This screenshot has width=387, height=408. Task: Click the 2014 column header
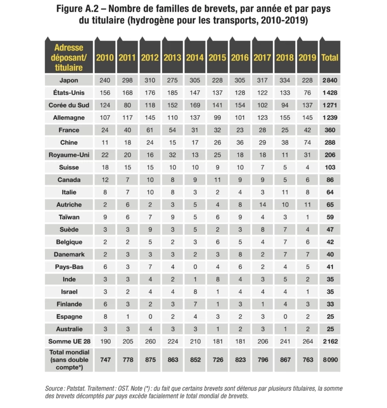point(194,58)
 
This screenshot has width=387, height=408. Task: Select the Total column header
point(329,58)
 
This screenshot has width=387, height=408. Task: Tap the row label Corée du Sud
point(68,105)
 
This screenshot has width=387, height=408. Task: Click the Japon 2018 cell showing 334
point(285,81)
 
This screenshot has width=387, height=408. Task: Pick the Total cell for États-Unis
point(329,93)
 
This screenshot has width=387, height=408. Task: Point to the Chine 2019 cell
point(307,142)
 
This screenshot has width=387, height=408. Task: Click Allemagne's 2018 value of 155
point(285,118)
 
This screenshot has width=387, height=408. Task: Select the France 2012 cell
point(149,130)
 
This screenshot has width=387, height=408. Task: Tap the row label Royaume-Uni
point(68,155)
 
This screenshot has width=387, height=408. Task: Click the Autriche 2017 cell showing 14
point(262,205)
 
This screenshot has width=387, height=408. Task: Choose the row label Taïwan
point(68,217)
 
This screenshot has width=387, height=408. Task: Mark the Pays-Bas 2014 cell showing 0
point(194,266)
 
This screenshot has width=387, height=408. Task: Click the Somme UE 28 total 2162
point(329,341)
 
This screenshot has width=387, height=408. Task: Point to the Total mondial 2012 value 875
point(149,359)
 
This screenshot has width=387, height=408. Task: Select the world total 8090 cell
point(329,359)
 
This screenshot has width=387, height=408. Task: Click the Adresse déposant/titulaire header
point(68,58)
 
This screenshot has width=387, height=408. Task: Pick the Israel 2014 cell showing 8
point(194,291)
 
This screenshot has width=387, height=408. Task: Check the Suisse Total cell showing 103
point(329,167)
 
